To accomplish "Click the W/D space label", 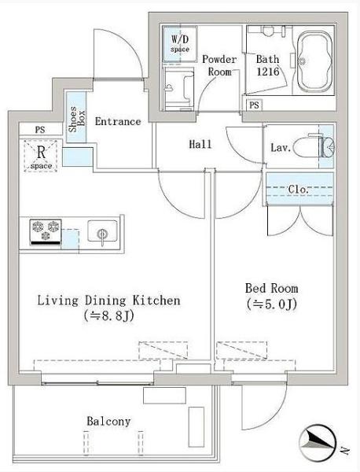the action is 180,43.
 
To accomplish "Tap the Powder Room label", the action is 219,65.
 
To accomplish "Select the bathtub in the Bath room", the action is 315,61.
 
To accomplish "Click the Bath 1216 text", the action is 268,65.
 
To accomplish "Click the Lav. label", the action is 281,148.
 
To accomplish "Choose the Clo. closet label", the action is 299,190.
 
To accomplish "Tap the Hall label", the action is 200,144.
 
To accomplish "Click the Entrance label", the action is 118,121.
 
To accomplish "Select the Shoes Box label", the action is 77,119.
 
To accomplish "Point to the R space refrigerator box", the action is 41,156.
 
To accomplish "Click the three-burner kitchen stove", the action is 46,232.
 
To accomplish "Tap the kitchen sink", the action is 102,232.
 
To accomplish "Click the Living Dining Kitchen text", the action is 109,301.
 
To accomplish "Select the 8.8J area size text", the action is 109,316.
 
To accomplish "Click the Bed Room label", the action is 272,289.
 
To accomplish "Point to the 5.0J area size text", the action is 272,304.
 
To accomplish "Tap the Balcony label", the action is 108,421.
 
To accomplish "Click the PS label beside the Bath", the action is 254,105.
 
